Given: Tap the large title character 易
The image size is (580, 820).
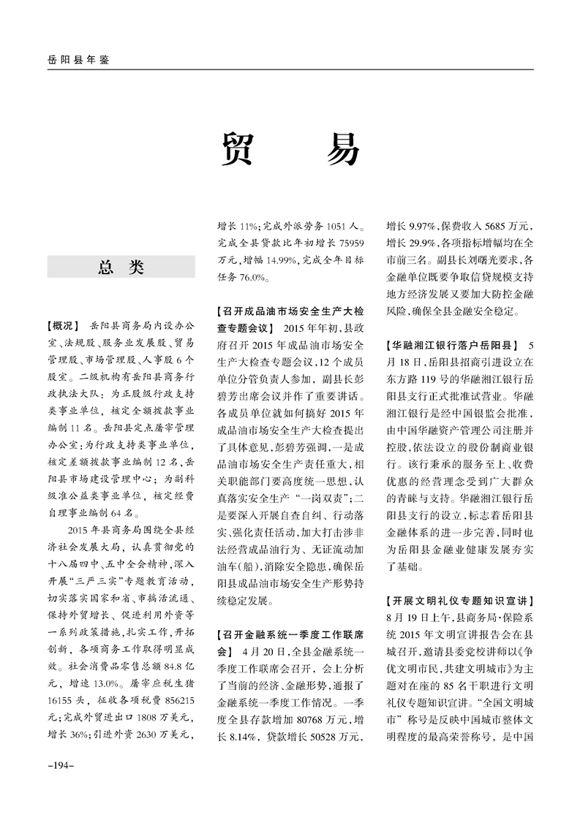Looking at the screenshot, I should (342, 149).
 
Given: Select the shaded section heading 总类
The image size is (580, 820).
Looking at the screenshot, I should (121, 267).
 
